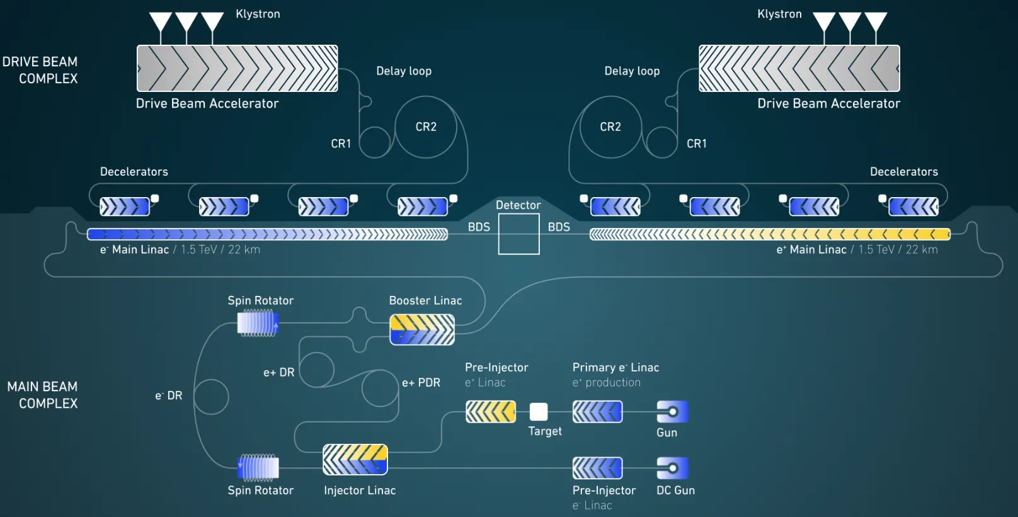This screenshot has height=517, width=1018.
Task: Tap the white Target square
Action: [539, 412]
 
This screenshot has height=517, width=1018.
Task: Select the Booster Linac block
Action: [422, 329]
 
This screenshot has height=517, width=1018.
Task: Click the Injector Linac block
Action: [355, 460]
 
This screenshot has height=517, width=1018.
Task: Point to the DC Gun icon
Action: [673, 468]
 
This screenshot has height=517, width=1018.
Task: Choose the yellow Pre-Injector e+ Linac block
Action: [491, 412]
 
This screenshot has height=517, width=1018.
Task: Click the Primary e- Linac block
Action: [598, 412]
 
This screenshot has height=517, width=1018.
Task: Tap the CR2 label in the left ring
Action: [426, 127]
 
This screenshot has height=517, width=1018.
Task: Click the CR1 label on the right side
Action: [697, 144]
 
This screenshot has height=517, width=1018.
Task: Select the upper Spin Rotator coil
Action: [258, 323]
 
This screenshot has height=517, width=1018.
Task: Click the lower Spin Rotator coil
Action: [258, 468]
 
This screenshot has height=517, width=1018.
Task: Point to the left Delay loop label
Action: [404, 71]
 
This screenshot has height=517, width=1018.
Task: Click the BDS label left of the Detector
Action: [479, 227]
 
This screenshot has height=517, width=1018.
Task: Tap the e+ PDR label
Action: [421, 383]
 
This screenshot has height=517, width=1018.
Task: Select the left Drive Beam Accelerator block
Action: [237, 68]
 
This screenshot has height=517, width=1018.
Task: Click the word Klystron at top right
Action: [779, 14]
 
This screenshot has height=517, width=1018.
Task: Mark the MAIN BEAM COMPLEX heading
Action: [42, 395]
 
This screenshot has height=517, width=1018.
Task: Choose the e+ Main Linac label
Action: [811, 249]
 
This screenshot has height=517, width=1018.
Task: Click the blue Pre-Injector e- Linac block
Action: [598, 468]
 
